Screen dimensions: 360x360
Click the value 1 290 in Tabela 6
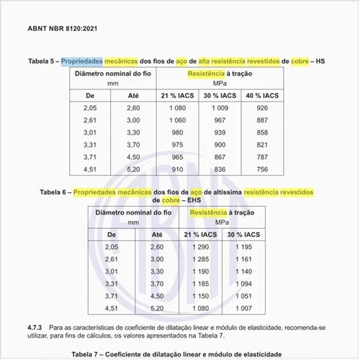click(x=199, y=248)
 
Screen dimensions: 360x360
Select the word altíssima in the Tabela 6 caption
click(x=222, y=192)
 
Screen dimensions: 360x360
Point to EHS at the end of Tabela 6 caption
click(x=194, y=201)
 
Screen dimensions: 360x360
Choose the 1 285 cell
click(x=199, y=259)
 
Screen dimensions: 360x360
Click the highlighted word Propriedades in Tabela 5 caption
click(x=84, y=62)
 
